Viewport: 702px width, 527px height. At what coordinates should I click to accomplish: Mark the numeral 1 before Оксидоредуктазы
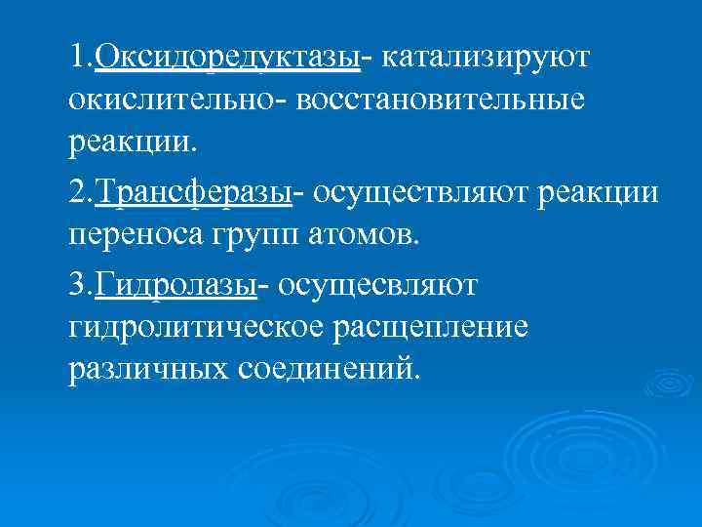tap(77, 58)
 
